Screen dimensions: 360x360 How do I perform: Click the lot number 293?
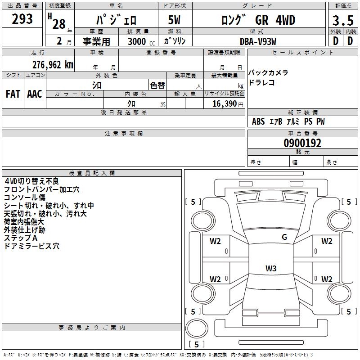tap(22, 19)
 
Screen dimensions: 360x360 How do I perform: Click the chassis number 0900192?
tap(302, 144)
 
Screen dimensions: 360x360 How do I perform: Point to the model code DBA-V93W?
tap(258, 41)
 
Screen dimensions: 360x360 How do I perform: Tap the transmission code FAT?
tap(13, 94)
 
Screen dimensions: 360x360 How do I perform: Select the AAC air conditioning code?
tap(35, 94)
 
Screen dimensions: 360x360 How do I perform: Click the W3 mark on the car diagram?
tap(271, 269)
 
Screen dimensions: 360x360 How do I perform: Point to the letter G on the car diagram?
tap(284, 237)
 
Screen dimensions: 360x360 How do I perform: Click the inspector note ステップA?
tap(20, 238)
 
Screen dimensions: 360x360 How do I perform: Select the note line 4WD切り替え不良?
tap(34, 181)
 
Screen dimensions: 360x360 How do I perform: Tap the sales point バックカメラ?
tap(268, 73)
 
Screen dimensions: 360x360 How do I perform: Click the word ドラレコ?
tap(261, 83)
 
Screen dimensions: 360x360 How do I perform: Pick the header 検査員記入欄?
tap(92, 173)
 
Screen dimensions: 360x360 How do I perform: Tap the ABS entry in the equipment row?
tap(258, 121)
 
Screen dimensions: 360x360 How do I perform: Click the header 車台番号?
tap(302, 134)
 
